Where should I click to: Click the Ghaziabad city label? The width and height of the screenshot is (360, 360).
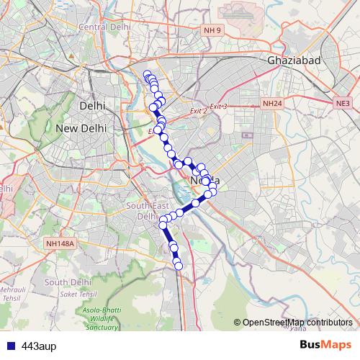[x=293, y=61]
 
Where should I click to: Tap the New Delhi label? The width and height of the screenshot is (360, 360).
[x=81, y=128]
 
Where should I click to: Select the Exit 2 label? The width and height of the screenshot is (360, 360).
[x=198, y=111]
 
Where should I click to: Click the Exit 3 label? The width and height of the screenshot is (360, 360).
[x=219, y=107]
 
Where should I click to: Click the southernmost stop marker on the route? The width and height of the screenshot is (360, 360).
[x=179, y=267]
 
